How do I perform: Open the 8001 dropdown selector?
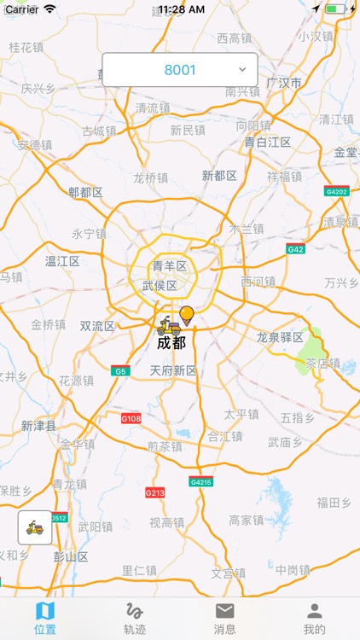[180, 69]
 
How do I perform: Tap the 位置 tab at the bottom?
[45, 619]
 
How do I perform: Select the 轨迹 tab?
[135, 619]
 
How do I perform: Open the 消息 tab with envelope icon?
[224, 619]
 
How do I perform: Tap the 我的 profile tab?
[315, 619]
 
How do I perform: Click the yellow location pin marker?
[187, 316]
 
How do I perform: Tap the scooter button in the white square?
[35, 527]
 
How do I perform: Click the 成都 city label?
[171, 343]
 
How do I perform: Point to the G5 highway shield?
[119, 371]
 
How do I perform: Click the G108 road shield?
[131, 419]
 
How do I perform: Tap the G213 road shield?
[154, 492]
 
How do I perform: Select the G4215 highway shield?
[201, 481]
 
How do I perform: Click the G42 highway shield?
[296, 249]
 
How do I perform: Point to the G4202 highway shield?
[337, 191]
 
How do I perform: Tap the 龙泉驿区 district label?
[280, 337]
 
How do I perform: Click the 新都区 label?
[219, 175]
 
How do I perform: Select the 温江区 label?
[62, 261]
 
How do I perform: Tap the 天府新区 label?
[173, 370]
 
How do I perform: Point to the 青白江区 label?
[268, 142]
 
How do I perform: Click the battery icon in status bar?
[335, 9]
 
